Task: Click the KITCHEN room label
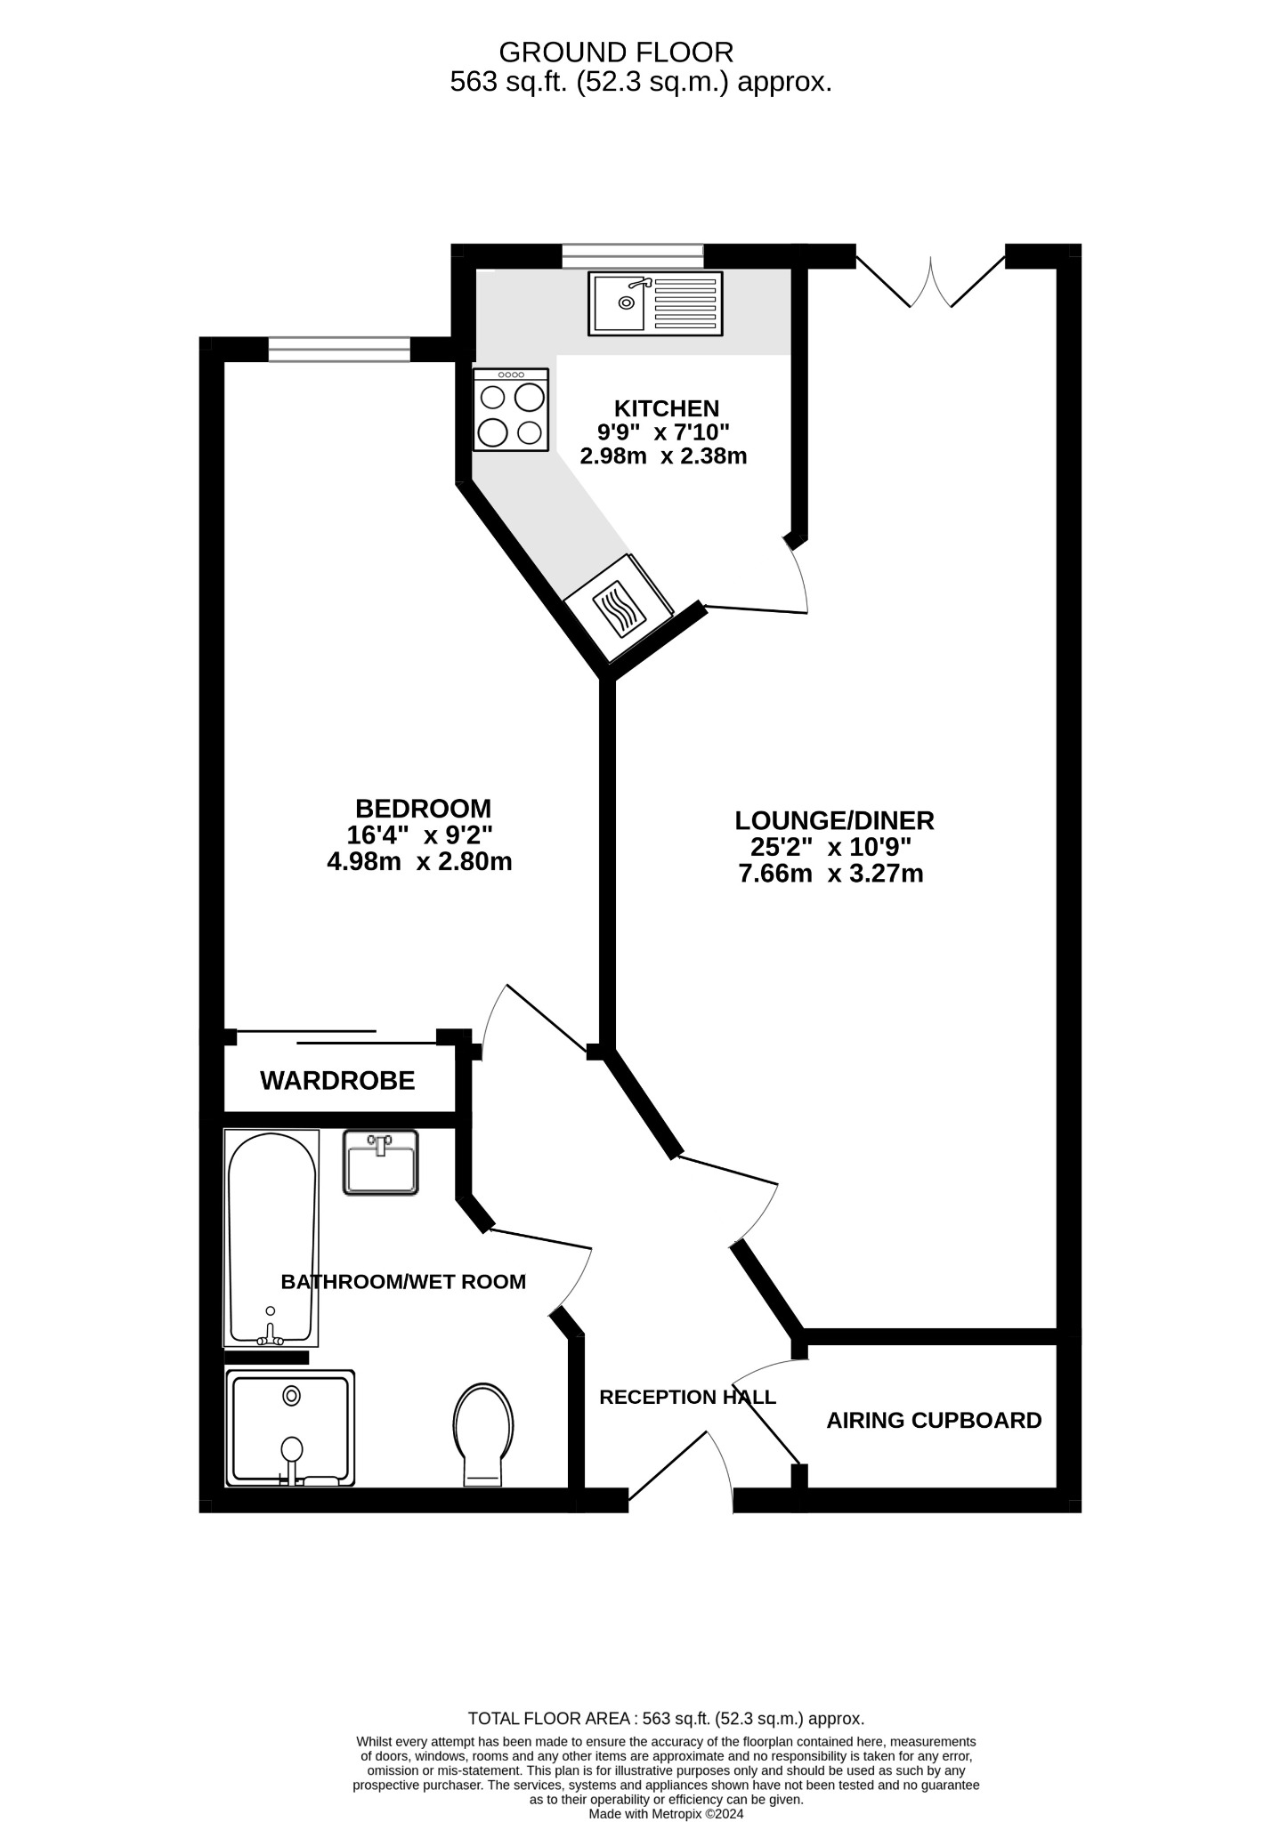[x=666, y=408]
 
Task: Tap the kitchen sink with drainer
[x=655, y=303]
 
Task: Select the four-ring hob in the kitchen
[x=511, y=409]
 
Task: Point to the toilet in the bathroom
[x=483, y=1433]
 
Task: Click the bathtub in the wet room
[x=271, y=1237]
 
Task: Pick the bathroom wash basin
[x=381, y=1162]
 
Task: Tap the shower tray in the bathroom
[x=290, y=1428]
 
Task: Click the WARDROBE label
[x=337, y=1081]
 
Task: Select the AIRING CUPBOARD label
[x=934, y=1420]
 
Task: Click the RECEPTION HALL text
[x=687, y=1397]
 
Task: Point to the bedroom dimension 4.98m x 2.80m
[x=419, y=861]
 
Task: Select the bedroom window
[x=339, y=349]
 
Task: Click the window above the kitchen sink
[x=632, y=256]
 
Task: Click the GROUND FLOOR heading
[x=616, y=52]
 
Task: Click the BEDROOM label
[x=423, y=809]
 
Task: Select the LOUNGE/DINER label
[x=834, y=820]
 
